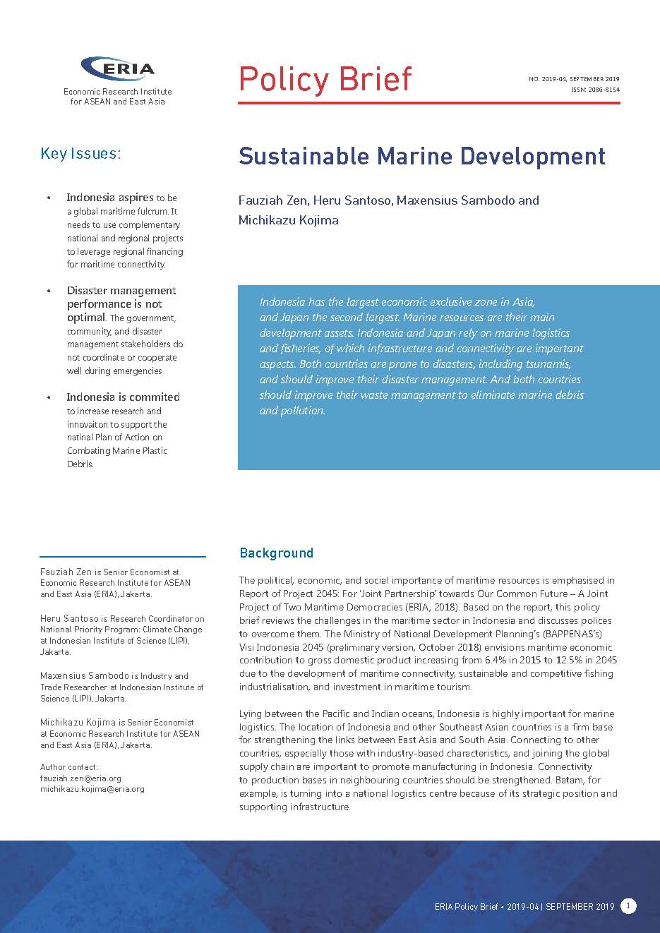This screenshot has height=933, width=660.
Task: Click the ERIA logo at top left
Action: coord(118,69)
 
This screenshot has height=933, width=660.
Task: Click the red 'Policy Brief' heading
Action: coord(325,79)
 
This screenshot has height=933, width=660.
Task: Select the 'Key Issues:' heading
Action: coord(80,154)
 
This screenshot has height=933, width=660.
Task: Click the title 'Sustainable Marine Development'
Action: coord(421,156)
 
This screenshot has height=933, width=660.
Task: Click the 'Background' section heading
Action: coord(276,553)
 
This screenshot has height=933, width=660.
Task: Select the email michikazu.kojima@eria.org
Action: coord(92,789)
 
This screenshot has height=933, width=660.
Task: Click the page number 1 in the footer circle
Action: coord(628,906)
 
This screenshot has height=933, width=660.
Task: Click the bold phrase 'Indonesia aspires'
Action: coord(109,198)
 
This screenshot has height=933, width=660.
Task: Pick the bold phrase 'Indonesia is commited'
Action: coord(123,397)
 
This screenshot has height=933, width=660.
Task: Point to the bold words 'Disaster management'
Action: coord(121,291)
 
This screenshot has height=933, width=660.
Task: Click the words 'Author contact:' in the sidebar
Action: coord(69,767)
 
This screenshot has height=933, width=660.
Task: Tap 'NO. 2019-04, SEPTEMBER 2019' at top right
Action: coord(574,79)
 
